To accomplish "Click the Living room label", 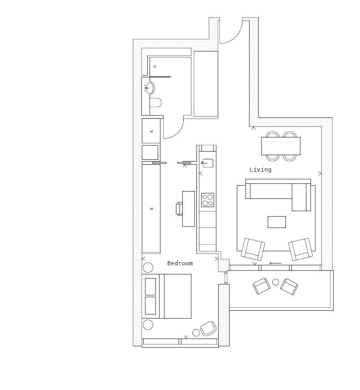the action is (260, 170).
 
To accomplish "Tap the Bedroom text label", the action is (180, 263).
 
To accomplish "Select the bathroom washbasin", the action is (149, 88).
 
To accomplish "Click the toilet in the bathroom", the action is (156, 102).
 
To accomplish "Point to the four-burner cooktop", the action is (207, 200).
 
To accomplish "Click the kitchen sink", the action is (207, 163).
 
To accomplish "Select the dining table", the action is (281, 146).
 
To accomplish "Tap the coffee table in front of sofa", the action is (277, 222).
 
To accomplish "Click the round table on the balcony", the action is (275, 282).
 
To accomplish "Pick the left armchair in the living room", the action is (253, 249).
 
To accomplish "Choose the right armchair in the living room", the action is (300, 249).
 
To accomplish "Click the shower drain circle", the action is (155, 66).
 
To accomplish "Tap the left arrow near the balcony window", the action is (275, 263).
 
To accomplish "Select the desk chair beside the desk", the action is (180, 209).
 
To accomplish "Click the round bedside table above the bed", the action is (148, 268).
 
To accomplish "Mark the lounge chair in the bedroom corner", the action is (208, 328).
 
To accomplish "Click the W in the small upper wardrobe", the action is (151, 132).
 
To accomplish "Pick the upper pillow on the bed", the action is (150, 287).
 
